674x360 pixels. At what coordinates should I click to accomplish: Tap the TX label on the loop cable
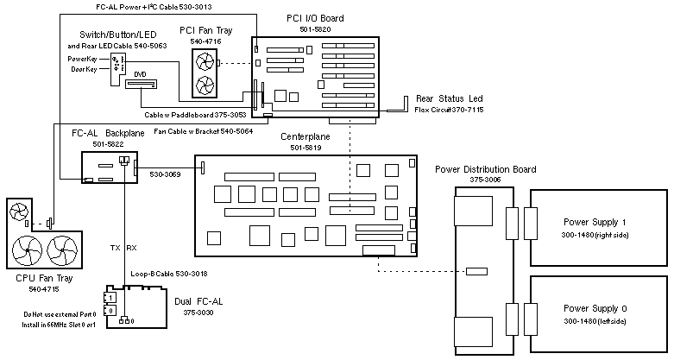116,248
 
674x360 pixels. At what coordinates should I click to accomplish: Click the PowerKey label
84,59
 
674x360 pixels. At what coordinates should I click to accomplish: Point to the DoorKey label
84,69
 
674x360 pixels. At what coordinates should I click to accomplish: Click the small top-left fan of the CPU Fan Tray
18,212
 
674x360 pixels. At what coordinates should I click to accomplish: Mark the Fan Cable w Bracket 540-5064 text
203,132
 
